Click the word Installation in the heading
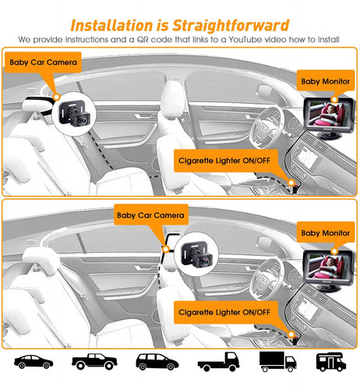[111, 26]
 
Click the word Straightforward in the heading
[231, 26]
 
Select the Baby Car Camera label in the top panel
[43, 62]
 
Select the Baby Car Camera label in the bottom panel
[150, 215]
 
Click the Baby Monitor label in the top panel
[326, 81]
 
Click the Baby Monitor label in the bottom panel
[326, 232]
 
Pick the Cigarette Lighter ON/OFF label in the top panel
[224, 161]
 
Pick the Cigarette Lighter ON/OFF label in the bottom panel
[224, 312]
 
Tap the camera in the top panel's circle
[75, 114]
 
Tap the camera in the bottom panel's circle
[197, 254]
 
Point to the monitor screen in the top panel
[328, 114]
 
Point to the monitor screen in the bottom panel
[328, 266]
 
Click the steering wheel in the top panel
[266, 127]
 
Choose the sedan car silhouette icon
[34, 362]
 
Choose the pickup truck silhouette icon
[94, 361]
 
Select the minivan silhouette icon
[157, 362]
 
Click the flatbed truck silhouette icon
[218, 361]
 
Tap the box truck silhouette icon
[277, 361]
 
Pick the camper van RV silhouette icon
[331, 362]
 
